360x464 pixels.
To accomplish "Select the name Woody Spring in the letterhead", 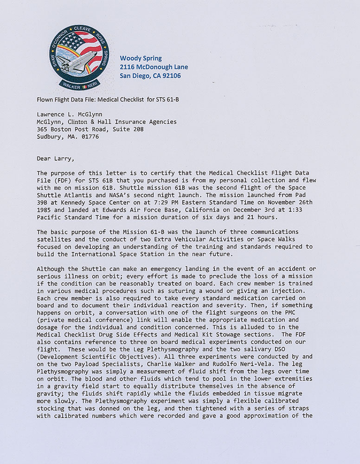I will point(141,58).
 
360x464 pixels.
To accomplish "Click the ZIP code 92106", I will point(171,76).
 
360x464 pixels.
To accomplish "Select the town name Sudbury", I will point(50,136).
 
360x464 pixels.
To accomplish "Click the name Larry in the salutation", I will point(64,159).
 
